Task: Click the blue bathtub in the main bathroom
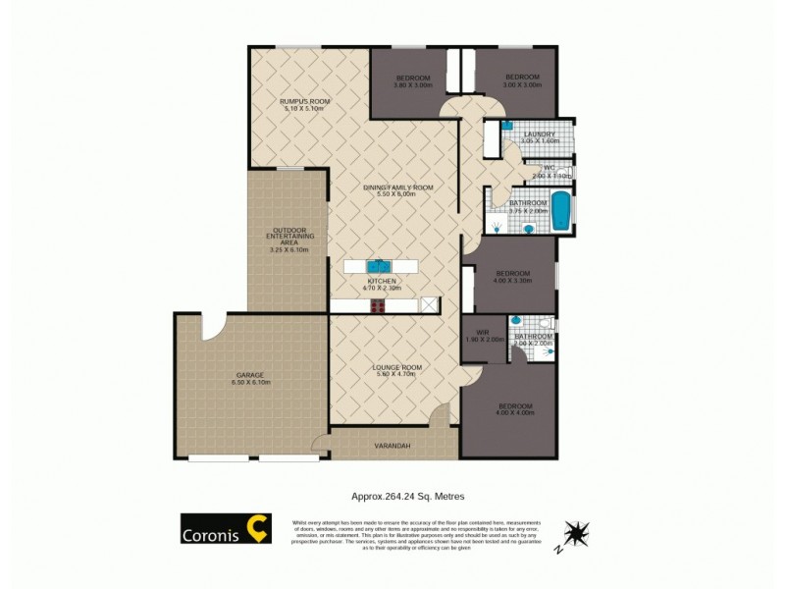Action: pos(560,211)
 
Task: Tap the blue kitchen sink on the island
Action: pos(380,266)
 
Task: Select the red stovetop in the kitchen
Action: pos(378,306)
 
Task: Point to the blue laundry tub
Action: pos(507,126)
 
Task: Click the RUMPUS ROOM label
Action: pos(304,102)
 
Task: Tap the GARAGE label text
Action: pos(249,375)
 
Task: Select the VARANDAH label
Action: pos(392,446)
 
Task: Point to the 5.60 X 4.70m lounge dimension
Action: pos(397,375)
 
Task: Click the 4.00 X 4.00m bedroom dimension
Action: pos(514,413)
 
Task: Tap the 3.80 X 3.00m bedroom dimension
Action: pos(414,84)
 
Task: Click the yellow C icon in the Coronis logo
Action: pos(257,528)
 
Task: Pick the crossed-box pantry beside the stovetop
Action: pos(428,306)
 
